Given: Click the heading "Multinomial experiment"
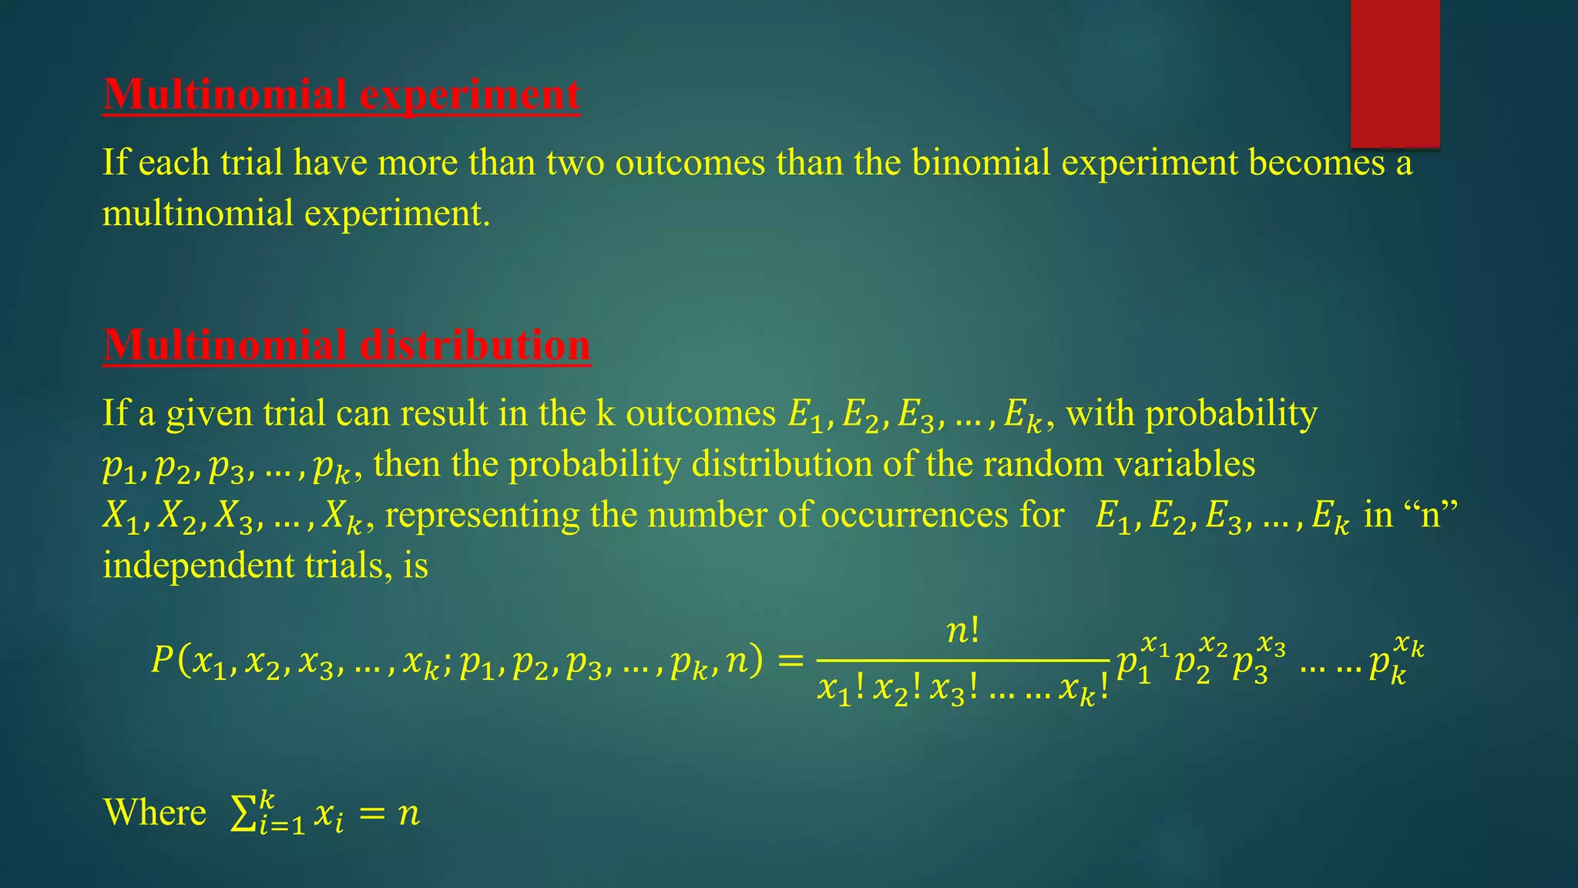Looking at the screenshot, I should (341, 95).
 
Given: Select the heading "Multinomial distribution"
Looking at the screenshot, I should (347, 345).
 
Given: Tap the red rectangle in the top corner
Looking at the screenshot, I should (1395, 73).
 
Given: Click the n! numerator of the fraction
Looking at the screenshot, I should (962, 632).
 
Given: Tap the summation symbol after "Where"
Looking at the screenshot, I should (243, 814).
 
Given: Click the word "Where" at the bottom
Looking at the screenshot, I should (155, 812).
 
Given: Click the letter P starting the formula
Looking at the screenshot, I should (162, 661).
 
